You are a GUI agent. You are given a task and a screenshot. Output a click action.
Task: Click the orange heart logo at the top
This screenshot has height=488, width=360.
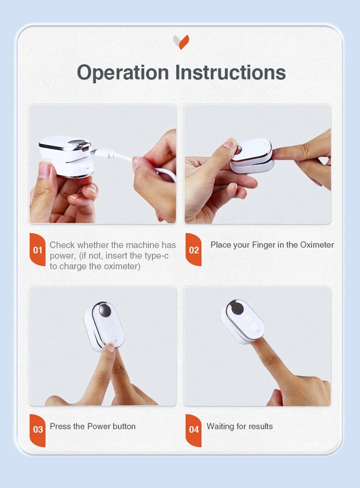coord(181,42)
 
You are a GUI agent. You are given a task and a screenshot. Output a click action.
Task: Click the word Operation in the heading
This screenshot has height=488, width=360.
coord(123,73)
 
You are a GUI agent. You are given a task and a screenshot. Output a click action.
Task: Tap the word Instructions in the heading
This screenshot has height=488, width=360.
coord(230,72)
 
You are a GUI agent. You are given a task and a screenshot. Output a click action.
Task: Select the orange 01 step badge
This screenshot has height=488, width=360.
coord(37,250)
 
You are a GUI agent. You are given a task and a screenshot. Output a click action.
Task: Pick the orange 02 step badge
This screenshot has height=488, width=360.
coord(194,250)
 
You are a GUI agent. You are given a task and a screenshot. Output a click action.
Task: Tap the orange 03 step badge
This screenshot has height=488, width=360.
coord(37,430)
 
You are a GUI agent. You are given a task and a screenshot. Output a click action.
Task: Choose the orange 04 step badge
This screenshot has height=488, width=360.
coord(194,430)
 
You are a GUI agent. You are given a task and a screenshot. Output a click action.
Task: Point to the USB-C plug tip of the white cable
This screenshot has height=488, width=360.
coord(93,151)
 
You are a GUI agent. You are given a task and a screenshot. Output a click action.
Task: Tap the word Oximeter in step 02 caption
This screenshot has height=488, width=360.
coord(317,245)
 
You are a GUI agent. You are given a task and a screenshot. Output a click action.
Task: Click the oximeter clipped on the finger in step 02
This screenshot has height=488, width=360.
coord(252,155)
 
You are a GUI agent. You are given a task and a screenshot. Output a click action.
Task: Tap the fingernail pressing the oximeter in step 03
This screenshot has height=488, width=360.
coord(111,347)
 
